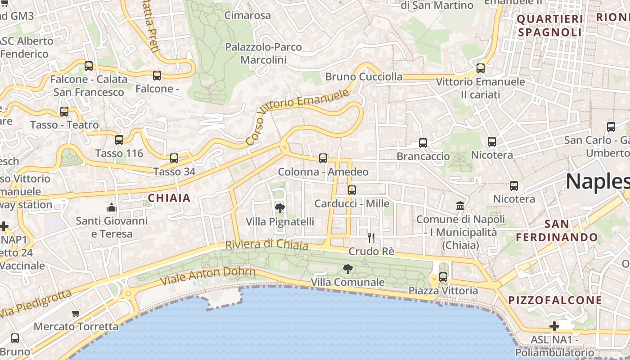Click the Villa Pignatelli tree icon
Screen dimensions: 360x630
[x=279, y=208]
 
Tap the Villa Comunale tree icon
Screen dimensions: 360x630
[x=347, y=269]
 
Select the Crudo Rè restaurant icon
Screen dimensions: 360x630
[x=371, y=238]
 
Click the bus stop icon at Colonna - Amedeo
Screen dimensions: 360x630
[x=323, y=158]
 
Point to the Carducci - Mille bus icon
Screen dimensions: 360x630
[x=352, y=190]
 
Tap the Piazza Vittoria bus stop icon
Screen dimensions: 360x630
[x=443, y=277]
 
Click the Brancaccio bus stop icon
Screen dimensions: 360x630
[x=423, y=143]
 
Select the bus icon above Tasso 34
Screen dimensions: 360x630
[x=174, y=158]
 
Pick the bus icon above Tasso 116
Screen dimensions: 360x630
[x=119, y=139]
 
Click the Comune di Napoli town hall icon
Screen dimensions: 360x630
[x=460, y=206]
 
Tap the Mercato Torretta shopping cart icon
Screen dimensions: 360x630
[x=76, y=313]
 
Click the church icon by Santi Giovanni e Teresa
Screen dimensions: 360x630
[x=112, y=207]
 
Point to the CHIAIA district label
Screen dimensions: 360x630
[x=169, y=198]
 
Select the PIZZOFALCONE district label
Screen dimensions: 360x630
[x=555, y=300]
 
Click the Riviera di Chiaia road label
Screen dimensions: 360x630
[x=266, y=245]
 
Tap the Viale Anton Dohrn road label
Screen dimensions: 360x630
[x=208, y=275]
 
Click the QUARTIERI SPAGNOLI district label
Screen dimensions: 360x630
[x=550, y=26]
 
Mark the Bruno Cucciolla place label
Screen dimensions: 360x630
[x=364, y=76]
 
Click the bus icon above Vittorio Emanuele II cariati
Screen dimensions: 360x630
[x=481, y=68]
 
